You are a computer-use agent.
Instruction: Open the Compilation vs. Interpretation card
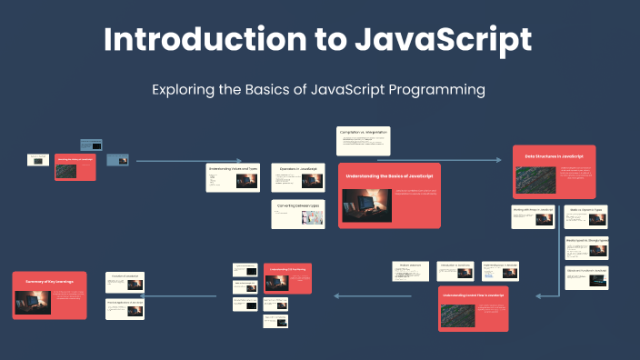[x=364, y=141]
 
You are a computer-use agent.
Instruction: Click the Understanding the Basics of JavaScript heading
[x=389, y=174]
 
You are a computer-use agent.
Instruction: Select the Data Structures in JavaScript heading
[x=554, y=156]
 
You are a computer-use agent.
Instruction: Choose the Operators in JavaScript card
[x=298, y=177]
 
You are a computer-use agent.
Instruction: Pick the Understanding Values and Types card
[x=233, y=177]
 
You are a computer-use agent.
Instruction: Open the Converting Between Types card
[x=298, y=215]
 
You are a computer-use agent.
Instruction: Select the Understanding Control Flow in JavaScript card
[x=474, y=308]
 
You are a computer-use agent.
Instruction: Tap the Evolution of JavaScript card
[x=125, y=281]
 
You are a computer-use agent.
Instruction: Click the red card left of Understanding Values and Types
[x=75, y=166]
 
